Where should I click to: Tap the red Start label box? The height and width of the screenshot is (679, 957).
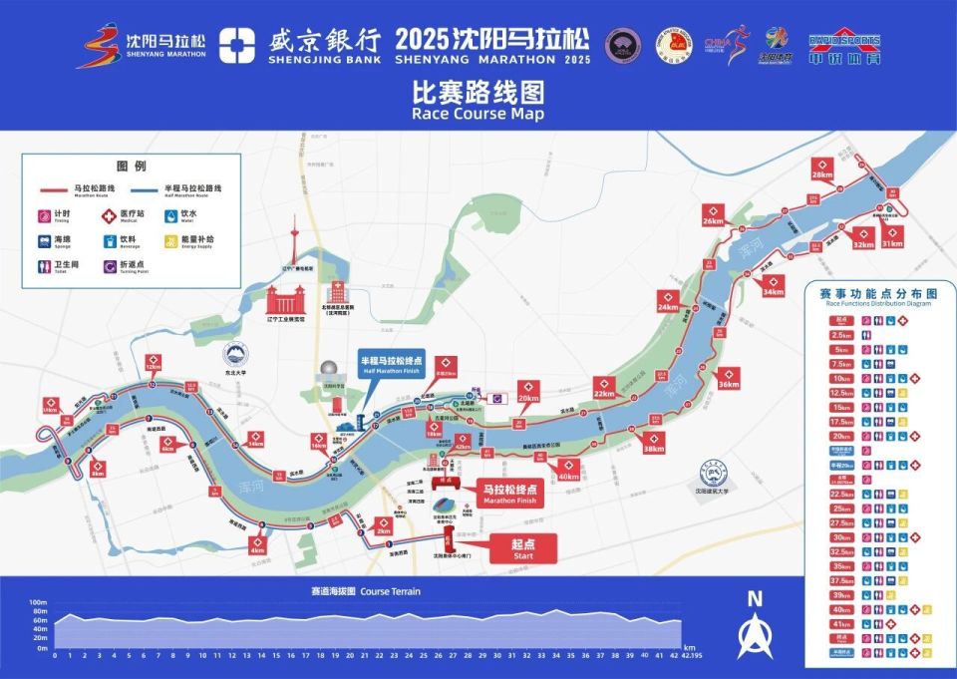[x=522, y=548]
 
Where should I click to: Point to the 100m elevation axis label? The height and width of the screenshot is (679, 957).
[x=38, y=603]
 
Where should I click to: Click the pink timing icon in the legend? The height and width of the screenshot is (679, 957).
[x=46, y=214]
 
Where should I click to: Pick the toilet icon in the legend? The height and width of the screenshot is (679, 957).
[x=46, y=266]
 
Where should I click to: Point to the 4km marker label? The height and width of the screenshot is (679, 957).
[x=258, y=545]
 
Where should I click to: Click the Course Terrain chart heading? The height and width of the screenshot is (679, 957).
[x=365, y=591]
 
